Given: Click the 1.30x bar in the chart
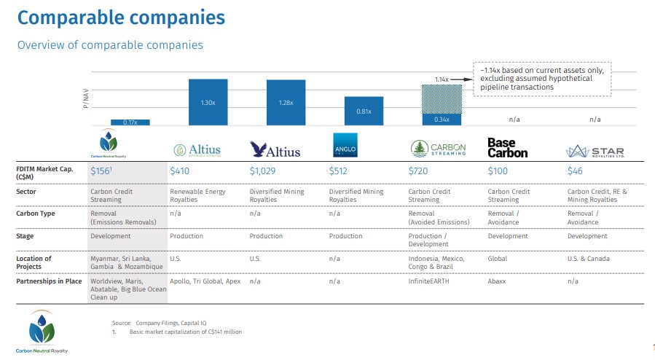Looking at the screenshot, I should click(208, 102).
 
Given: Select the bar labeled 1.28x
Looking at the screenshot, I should click(286, 102).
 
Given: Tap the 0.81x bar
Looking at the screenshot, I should click(364, 111).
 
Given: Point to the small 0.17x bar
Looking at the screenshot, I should click(130, 122).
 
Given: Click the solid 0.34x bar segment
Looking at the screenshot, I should click(442, 119).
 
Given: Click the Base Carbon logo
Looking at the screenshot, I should click(507, 148).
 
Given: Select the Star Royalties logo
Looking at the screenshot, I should click(595, 151).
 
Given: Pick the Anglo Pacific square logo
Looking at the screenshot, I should click(343, 146).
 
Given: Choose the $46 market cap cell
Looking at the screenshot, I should click(575, 171).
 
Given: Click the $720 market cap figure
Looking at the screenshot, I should click(419, 171).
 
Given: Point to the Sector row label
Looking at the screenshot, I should click(26, 192).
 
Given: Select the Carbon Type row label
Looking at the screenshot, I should click(36, 214).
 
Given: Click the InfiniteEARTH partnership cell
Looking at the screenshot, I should click(429, 280).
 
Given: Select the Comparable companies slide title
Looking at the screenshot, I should click(121, 17).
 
